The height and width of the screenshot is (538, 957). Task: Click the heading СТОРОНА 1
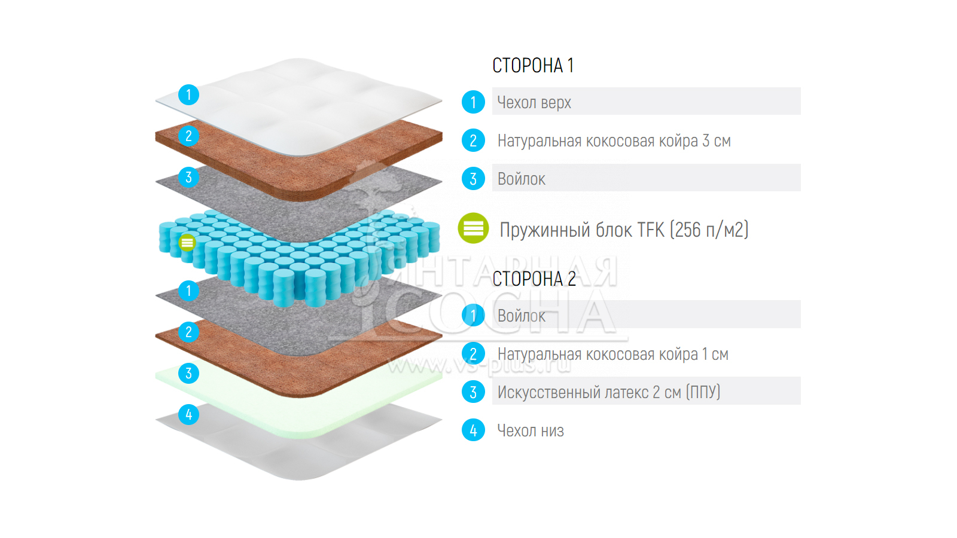pyautogui.click(x=533, y=65)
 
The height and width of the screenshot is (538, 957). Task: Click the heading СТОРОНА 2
pyautogui.click(x=534, y=279)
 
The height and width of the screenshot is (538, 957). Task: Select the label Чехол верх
pyautogui.click(x=534, y=103)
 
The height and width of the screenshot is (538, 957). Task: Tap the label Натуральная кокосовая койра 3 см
pyautogui.click(x=614, y=141)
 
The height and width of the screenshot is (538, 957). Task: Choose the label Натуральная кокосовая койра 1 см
pyautogui.click(x=612, y=354)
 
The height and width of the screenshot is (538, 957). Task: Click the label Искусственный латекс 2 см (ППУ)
pyautogui.click(x=609, y=393)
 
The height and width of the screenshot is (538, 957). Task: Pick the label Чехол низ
pyautogui.click(x=531, y=430)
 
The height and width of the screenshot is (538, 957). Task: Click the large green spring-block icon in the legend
pyautogui.click(x=473, y=228)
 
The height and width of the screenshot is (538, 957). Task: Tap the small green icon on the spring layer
pyautogui.click(x=187, y=242)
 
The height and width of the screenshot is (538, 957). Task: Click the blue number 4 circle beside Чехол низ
pyautogui.click(x=473, y=430)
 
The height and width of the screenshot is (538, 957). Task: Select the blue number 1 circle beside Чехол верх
pyautogui.click(x=473, y=102)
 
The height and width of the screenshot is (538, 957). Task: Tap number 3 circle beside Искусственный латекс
pyautogui.click(x=473, y=392)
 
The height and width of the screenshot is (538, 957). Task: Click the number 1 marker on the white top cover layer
pyautogui.click(x=188, y=94)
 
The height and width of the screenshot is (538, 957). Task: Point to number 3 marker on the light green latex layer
pyautogui.click(x=188, y=374)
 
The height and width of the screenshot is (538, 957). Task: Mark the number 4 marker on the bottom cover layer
pyautogui.click(x=188, y=414)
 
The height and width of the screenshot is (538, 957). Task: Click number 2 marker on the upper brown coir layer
pyautogui.click(x=188, y=136)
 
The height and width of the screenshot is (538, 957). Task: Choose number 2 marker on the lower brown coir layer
pyautogui.click(x=188, y=332)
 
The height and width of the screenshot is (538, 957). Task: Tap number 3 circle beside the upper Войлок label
pyautogui.click(x=473, y=179)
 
